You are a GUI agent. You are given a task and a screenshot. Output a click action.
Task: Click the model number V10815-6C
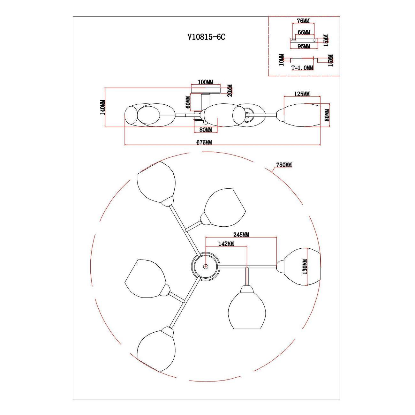pos(206,37)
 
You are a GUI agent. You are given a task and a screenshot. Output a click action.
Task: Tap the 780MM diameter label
pos(284,165)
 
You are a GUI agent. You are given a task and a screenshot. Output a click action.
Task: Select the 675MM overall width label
pos(204,142)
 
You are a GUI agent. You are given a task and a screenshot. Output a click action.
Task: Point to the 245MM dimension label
pos(241,235)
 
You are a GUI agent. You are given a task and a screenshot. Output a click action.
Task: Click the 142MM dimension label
pos(226,244)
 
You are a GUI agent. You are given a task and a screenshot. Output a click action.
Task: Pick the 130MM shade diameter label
pos(305,267)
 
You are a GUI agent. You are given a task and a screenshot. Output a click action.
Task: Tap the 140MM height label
pos(103,107)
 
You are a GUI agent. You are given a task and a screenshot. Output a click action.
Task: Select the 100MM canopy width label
pos(206,82)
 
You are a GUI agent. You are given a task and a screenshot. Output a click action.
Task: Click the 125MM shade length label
pos(302,94)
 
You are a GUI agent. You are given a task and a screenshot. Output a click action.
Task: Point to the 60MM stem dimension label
pos(188,102)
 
